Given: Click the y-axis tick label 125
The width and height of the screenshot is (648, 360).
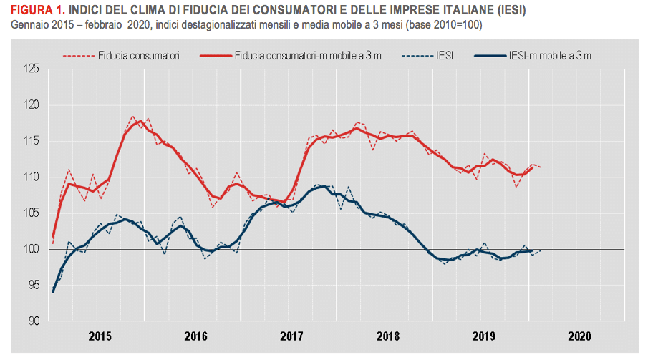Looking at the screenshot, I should [32, 69].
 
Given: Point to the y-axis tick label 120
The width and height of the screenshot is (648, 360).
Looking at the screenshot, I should [32, 105].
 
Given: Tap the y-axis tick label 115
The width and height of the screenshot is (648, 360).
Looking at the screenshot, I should [32, 141].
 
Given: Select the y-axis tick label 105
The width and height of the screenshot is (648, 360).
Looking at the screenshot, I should [32, 213].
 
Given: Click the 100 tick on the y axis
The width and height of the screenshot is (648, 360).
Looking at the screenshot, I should [32, 249].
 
